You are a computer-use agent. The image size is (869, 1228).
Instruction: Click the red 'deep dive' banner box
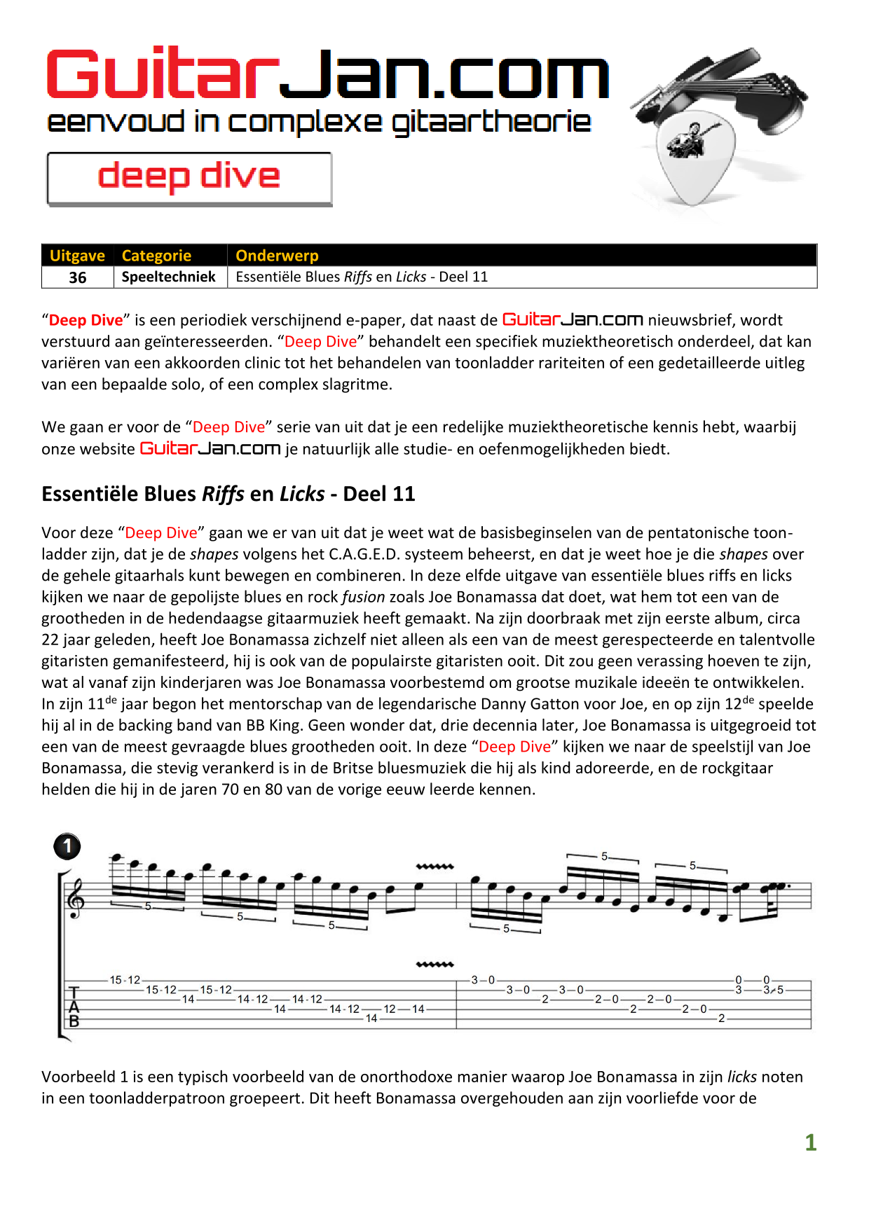coord(189,179)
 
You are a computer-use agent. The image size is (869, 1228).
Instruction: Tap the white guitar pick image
coord(694,158)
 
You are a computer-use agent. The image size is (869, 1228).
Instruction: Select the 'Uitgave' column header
coord(77,256)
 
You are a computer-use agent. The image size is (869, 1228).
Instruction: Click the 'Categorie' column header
coord(156,256)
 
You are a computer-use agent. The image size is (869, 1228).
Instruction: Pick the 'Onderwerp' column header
coord(277,256)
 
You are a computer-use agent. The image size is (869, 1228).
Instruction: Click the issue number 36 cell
coord(78,277)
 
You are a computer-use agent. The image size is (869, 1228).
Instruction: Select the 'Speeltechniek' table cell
coord(168,277)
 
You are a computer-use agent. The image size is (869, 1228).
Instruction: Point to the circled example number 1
coord(67,847)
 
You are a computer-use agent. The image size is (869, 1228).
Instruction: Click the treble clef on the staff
coord(74,897)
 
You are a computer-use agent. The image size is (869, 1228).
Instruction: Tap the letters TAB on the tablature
coord(74,1007)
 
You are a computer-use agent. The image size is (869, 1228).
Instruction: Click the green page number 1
coord(811,1143)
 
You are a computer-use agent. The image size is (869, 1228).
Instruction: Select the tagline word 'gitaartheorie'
coord(491,123)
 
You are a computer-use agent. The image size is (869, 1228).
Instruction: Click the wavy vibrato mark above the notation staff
coord(434,867)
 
